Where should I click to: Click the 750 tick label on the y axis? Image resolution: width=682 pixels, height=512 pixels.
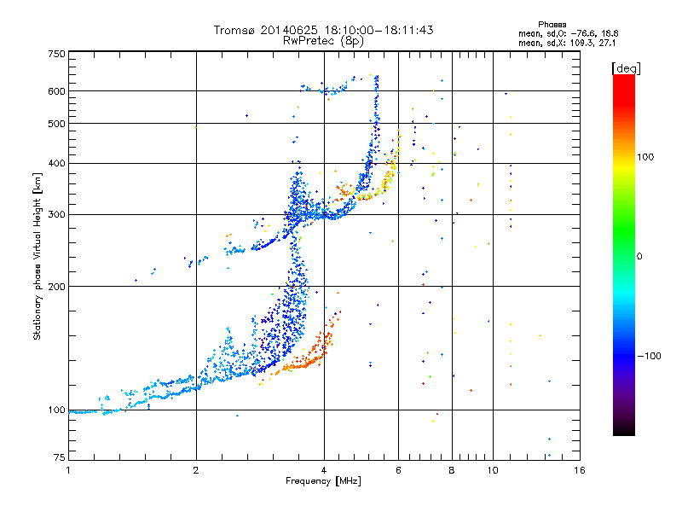pyautogui.click(x=57, y=53)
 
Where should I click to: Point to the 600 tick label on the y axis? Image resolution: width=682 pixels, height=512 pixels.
pyautogui.click(x=57, y=90)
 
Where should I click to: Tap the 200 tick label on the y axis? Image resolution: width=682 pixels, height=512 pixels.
pyautogui.click(x=57, y=286)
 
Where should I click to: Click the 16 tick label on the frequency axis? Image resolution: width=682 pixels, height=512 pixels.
pyautogui.click(x=579, y=470)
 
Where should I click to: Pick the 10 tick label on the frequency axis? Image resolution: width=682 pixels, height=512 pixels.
pyautogui.click(x=492, y=470)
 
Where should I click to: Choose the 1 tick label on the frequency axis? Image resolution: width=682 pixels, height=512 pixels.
pyautogui.click(x=68, y=470)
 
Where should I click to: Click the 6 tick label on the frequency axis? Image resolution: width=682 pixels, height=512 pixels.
pyautogui.click(x=398, y=470)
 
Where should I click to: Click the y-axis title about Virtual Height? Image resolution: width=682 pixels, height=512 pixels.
pyautogui.click(x=38, y=256)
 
